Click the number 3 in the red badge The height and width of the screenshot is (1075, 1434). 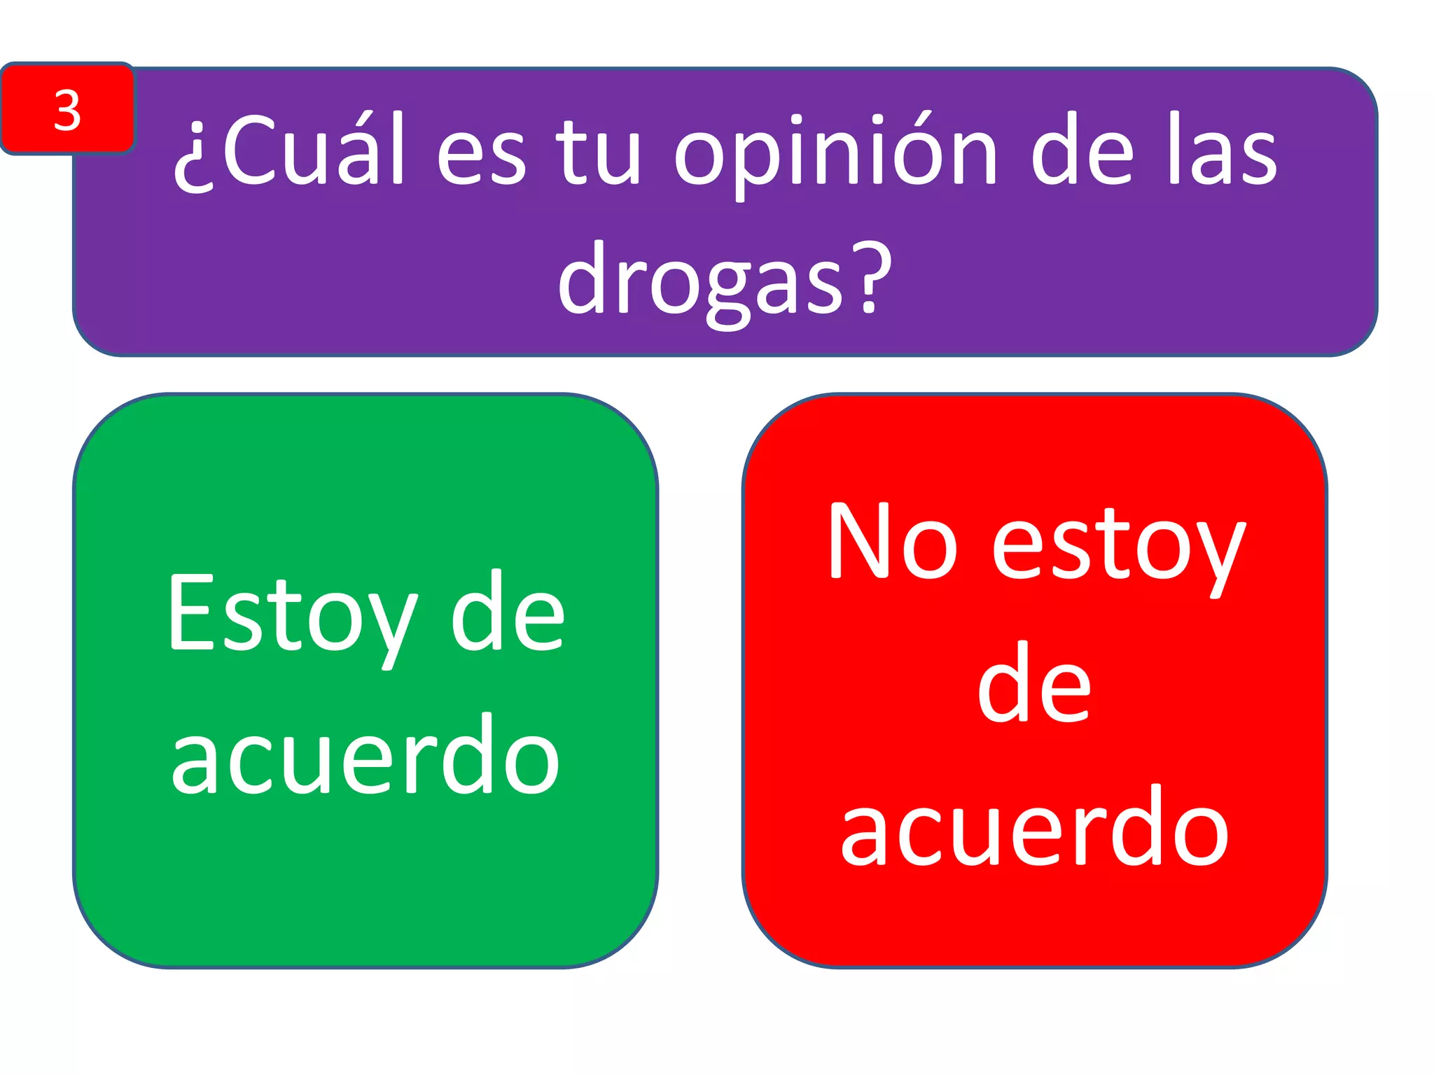67,110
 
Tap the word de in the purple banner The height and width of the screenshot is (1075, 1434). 1083,150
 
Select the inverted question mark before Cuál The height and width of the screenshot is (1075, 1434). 194,157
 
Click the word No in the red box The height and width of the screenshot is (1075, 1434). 891,542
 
